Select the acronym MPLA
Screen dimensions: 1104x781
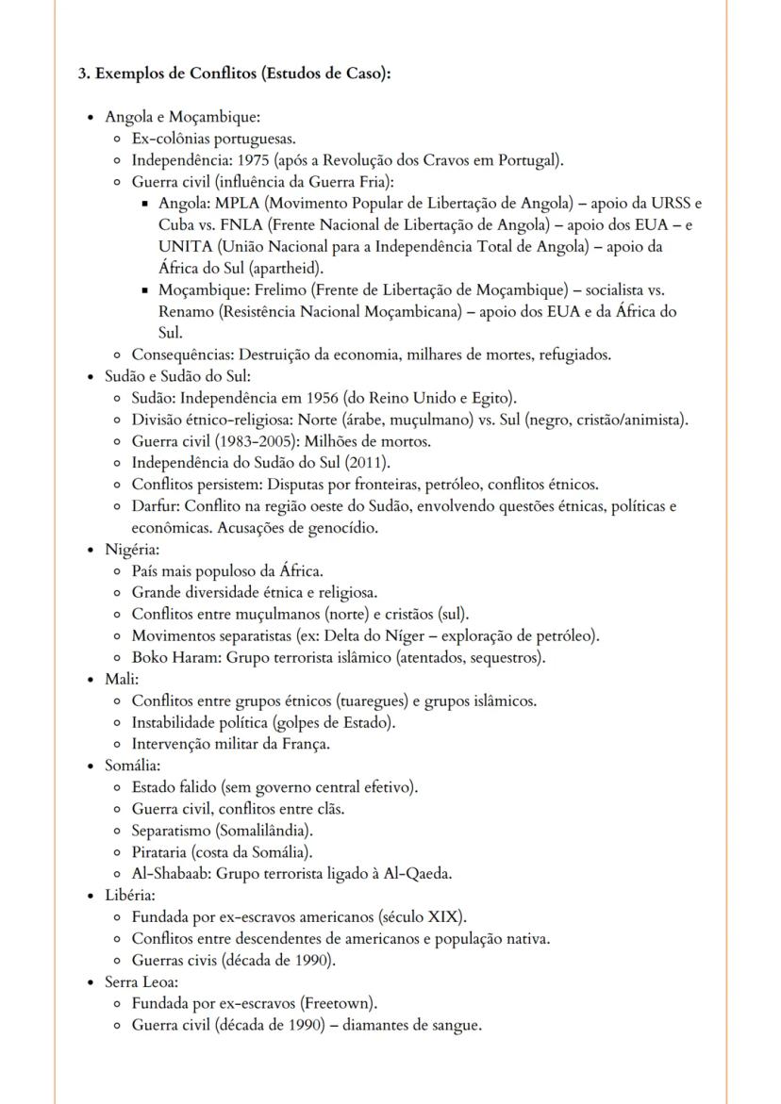click(237, 204)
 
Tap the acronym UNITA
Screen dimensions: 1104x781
click(183, 247)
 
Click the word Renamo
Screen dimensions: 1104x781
click(186, 312)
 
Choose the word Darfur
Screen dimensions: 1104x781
click(152, 506)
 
